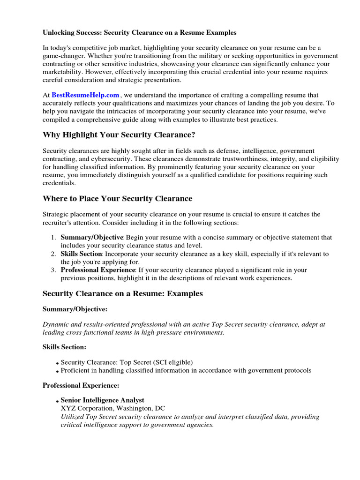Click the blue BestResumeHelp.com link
[85, 95]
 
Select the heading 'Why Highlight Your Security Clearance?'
[119, 135]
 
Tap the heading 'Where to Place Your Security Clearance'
[117, 198]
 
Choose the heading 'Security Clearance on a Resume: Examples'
[123, 293]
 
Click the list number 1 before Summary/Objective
[54, 238]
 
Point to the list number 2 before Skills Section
[54, 254]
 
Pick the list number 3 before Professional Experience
[54, 270]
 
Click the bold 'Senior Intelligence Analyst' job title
[103, 400]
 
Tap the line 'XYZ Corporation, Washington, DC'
[113, 408]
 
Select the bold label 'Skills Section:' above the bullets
[64, 347]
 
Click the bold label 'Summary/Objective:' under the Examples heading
[75, 309]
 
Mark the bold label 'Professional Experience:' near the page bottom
[81, 385]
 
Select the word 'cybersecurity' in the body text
[103, 159]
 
